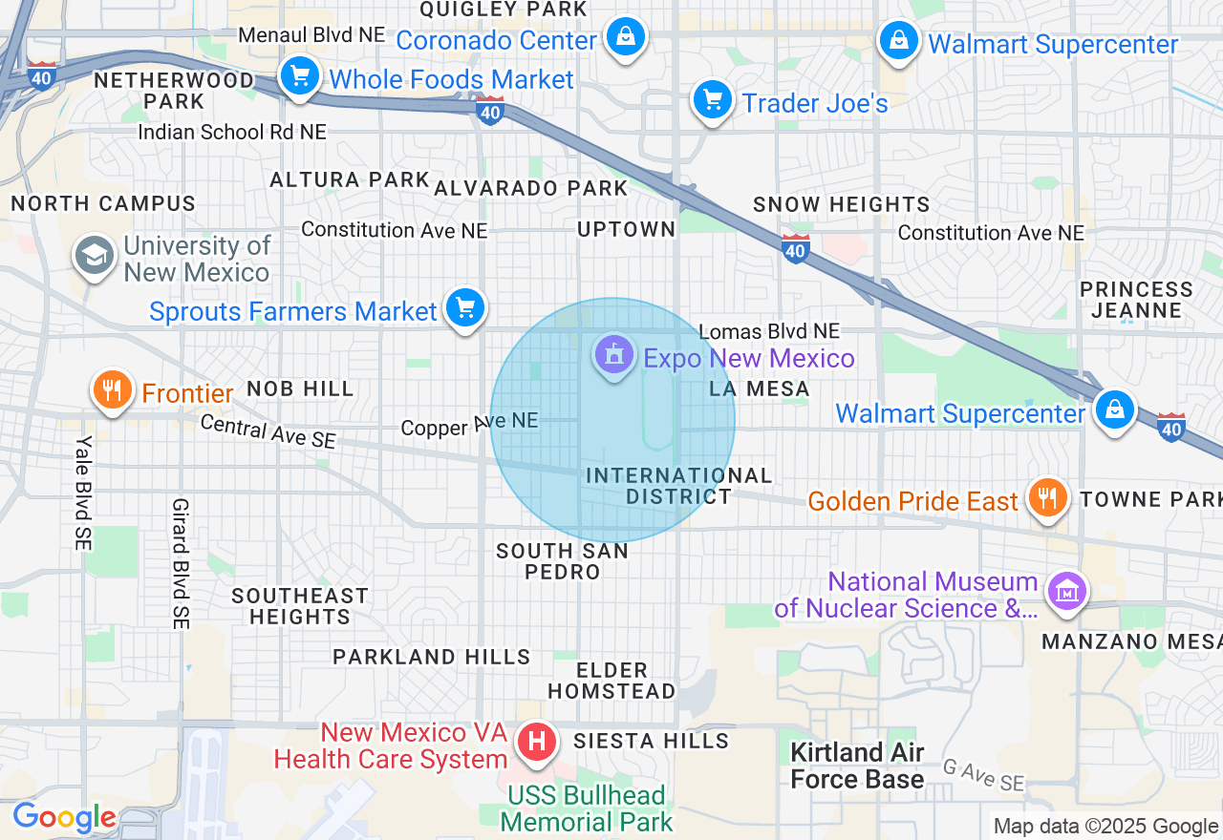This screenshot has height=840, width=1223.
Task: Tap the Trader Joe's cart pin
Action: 712,99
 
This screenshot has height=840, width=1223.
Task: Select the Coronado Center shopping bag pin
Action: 625,38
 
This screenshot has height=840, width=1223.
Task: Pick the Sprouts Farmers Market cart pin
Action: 465,308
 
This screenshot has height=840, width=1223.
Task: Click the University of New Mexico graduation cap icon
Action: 95,257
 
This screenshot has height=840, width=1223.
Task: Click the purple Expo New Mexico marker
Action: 613,355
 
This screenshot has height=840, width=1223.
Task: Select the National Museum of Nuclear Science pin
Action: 1067,590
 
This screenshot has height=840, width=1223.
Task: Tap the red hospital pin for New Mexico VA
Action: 537,742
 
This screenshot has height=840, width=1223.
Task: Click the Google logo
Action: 64,817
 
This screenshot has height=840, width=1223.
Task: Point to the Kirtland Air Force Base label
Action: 857,766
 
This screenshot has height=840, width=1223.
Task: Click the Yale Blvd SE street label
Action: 84,492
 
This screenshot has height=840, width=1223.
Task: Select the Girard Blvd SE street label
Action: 181,563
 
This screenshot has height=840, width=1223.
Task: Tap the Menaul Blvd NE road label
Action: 311,34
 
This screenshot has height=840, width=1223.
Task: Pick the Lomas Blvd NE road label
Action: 769,331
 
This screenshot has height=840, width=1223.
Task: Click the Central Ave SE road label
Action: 268,431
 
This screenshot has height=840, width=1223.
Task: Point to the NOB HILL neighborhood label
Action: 300,388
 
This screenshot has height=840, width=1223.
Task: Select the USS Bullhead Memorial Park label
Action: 587,808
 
